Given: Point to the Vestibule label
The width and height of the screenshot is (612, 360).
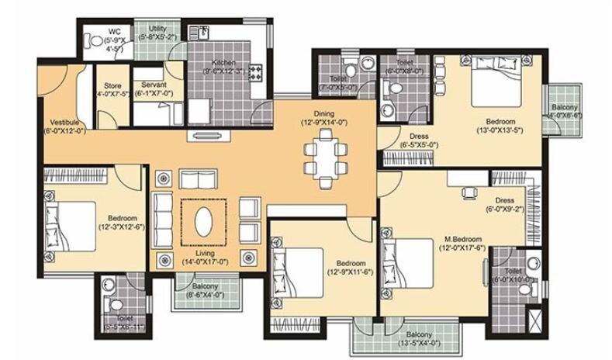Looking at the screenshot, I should [62, 122].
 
